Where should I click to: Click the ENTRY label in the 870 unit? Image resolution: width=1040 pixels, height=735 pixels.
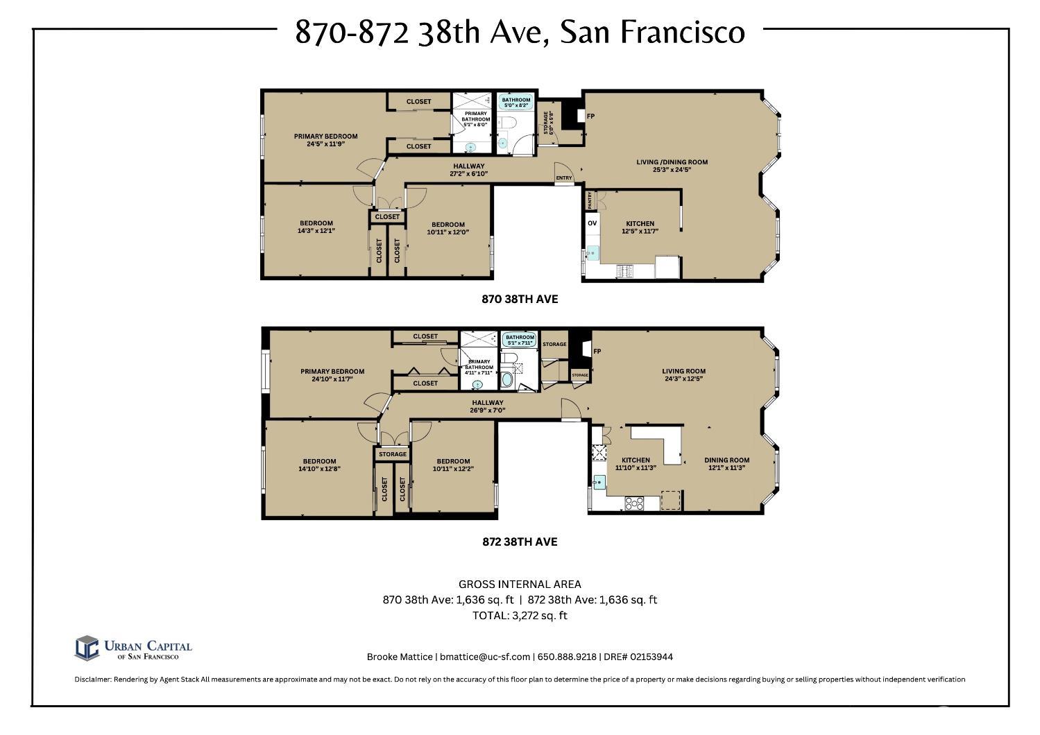point(564,178)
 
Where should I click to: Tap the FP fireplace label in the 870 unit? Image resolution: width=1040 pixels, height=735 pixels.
point(591,116)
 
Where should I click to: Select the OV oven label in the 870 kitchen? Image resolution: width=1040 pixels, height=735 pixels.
point(592,223)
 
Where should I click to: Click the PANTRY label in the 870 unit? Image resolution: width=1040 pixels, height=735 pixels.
point(590,200)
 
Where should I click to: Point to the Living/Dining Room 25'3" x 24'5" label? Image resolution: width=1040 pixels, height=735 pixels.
point(672,166)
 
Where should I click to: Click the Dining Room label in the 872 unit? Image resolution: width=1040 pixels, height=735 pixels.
point(726,463)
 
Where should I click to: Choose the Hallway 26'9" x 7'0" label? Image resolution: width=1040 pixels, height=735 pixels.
point(487,406)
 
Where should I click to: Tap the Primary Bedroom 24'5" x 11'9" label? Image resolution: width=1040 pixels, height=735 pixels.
point(325,139)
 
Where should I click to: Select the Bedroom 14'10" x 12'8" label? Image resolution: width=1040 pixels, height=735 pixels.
point(319,465)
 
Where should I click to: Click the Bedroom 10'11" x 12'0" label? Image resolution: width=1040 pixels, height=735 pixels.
point(447,228)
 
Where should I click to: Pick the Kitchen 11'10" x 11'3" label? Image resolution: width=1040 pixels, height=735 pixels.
point(636,463)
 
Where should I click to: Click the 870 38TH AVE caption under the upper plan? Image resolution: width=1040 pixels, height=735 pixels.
point(520,300)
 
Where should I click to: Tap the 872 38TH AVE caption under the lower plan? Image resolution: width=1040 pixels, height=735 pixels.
point(520,542)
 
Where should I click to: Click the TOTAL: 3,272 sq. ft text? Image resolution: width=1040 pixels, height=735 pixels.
point(520,615)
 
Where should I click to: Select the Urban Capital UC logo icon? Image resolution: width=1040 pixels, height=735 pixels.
point(87,648)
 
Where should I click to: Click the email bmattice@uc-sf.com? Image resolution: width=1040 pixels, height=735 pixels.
point(485,657)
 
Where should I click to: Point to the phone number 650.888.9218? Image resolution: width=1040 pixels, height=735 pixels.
point(567,657)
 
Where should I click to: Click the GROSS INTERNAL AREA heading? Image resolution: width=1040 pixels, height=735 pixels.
point(520,584)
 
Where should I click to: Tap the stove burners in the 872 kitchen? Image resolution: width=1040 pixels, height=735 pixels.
point(635,503)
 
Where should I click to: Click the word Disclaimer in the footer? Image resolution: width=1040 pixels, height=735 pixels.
point(92,680)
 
